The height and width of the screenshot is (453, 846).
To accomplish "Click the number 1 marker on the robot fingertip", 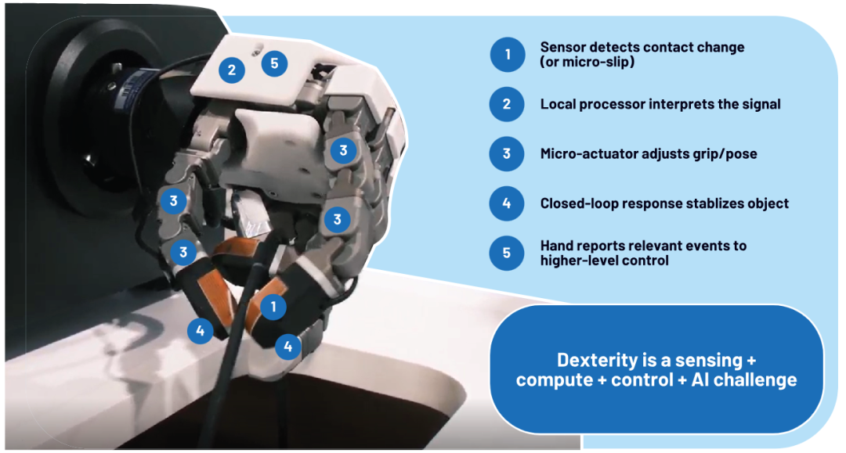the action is pyautogui.click(x=273, y=307).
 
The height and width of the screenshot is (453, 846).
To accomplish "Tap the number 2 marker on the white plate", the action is pyautogui.click(x=231, y=70).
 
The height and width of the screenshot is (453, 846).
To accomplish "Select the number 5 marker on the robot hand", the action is pyautogui.click(x=274, y=63).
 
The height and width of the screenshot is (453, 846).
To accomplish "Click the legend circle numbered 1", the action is pyautogui.click(x=507, y=55).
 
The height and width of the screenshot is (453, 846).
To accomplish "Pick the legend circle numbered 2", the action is pyautogui.click(x=507, y=104).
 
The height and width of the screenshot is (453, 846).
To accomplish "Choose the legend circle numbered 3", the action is pyautogui.click(x=507, y=153).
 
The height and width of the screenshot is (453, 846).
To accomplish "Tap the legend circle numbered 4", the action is pyautogui.click(x=507, y=203).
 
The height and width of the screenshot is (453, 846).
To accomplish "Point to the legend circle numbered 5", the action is pyautogui.click(x=507, y=253).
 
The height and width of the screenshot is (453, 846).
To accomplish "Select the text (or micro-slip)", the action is pyautogui.click(x=587, y=62).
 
